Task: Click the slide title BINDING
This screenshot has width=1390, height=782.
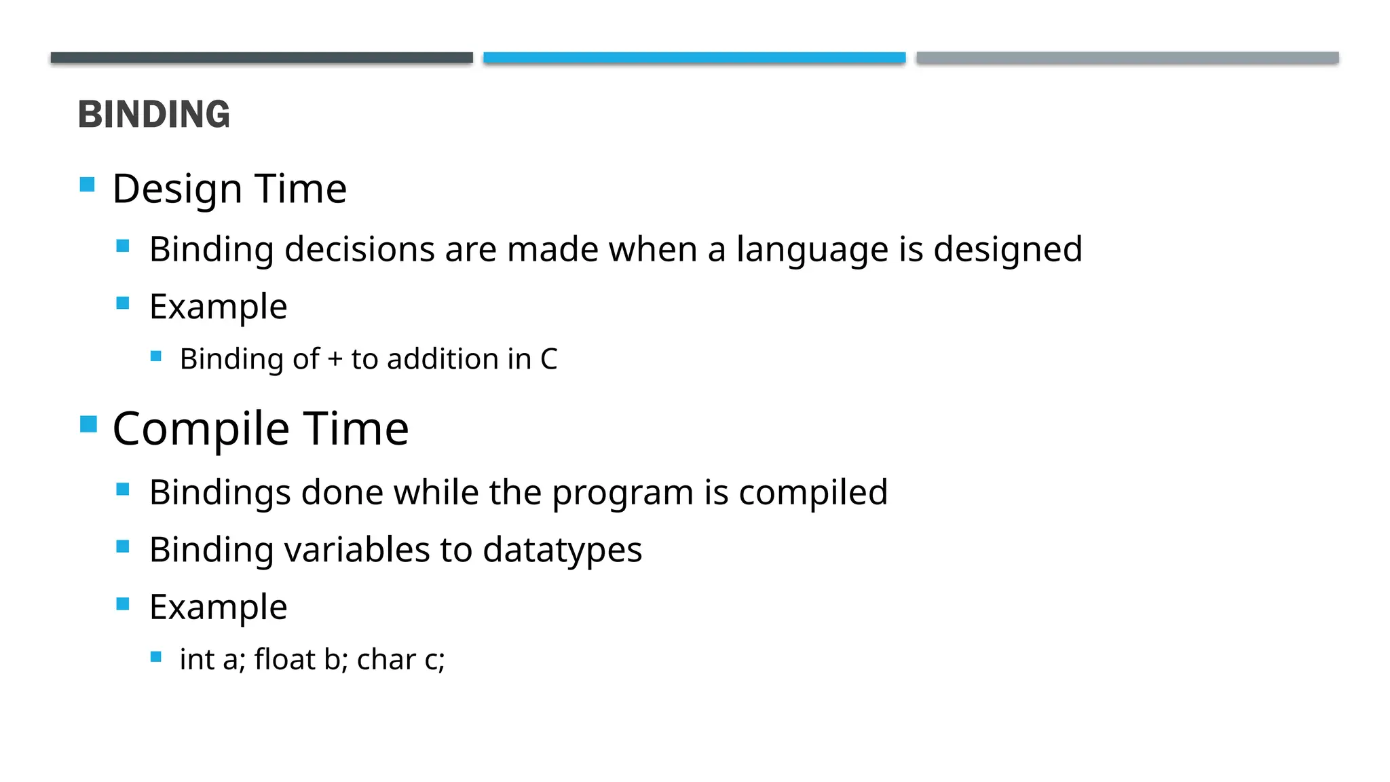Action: pos(154,114)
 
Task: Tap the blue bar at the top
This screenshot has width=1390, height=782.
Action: pos(694,58)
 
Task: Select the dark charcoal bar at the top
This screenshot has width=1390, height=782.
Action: pos(261,58)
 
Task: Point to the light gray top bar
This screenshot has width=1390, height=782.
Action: pos(1127,58)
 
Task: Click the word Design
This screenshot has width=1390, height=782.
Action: pos(177,189)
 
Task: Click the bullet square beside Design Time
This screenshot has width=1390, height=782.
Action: pos(87,185)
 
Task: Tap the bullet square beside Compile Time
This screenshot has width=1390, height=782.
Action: pos(88,424)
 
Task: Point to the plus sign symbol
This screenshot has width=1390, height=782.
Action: pos(335,360)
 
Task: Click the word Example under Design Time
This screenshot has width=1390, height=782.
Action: pos(218,307)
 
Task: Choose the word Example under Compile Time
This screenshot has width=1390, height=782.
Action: pos(218,607)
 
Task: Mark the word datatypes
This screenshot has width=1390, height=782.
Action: pos(562,550)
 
